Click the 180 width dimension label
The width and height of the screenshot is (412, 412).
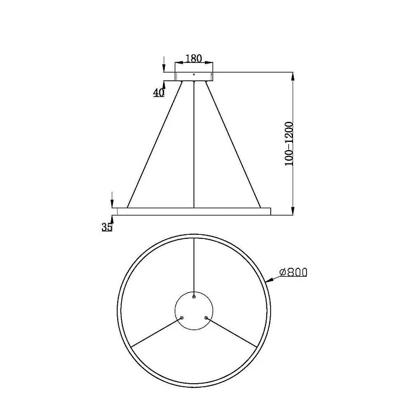[194, 58]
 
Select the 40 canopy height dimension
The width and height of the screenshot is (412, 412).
[158, 92]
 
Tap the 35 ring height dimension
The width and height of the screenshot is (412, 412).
[107, 227]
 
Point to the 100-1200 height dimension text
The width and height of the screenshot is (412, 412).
[288, 145]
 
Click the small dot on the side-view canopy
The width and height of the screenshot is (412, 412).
[194, 75]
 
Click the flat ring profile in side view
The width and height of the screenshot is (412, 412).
[194, 210]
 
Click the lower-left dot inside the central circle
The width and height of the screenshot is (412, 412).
[182, 317]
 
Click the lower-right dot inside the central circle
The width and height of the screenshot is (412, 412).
[206, 317]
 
